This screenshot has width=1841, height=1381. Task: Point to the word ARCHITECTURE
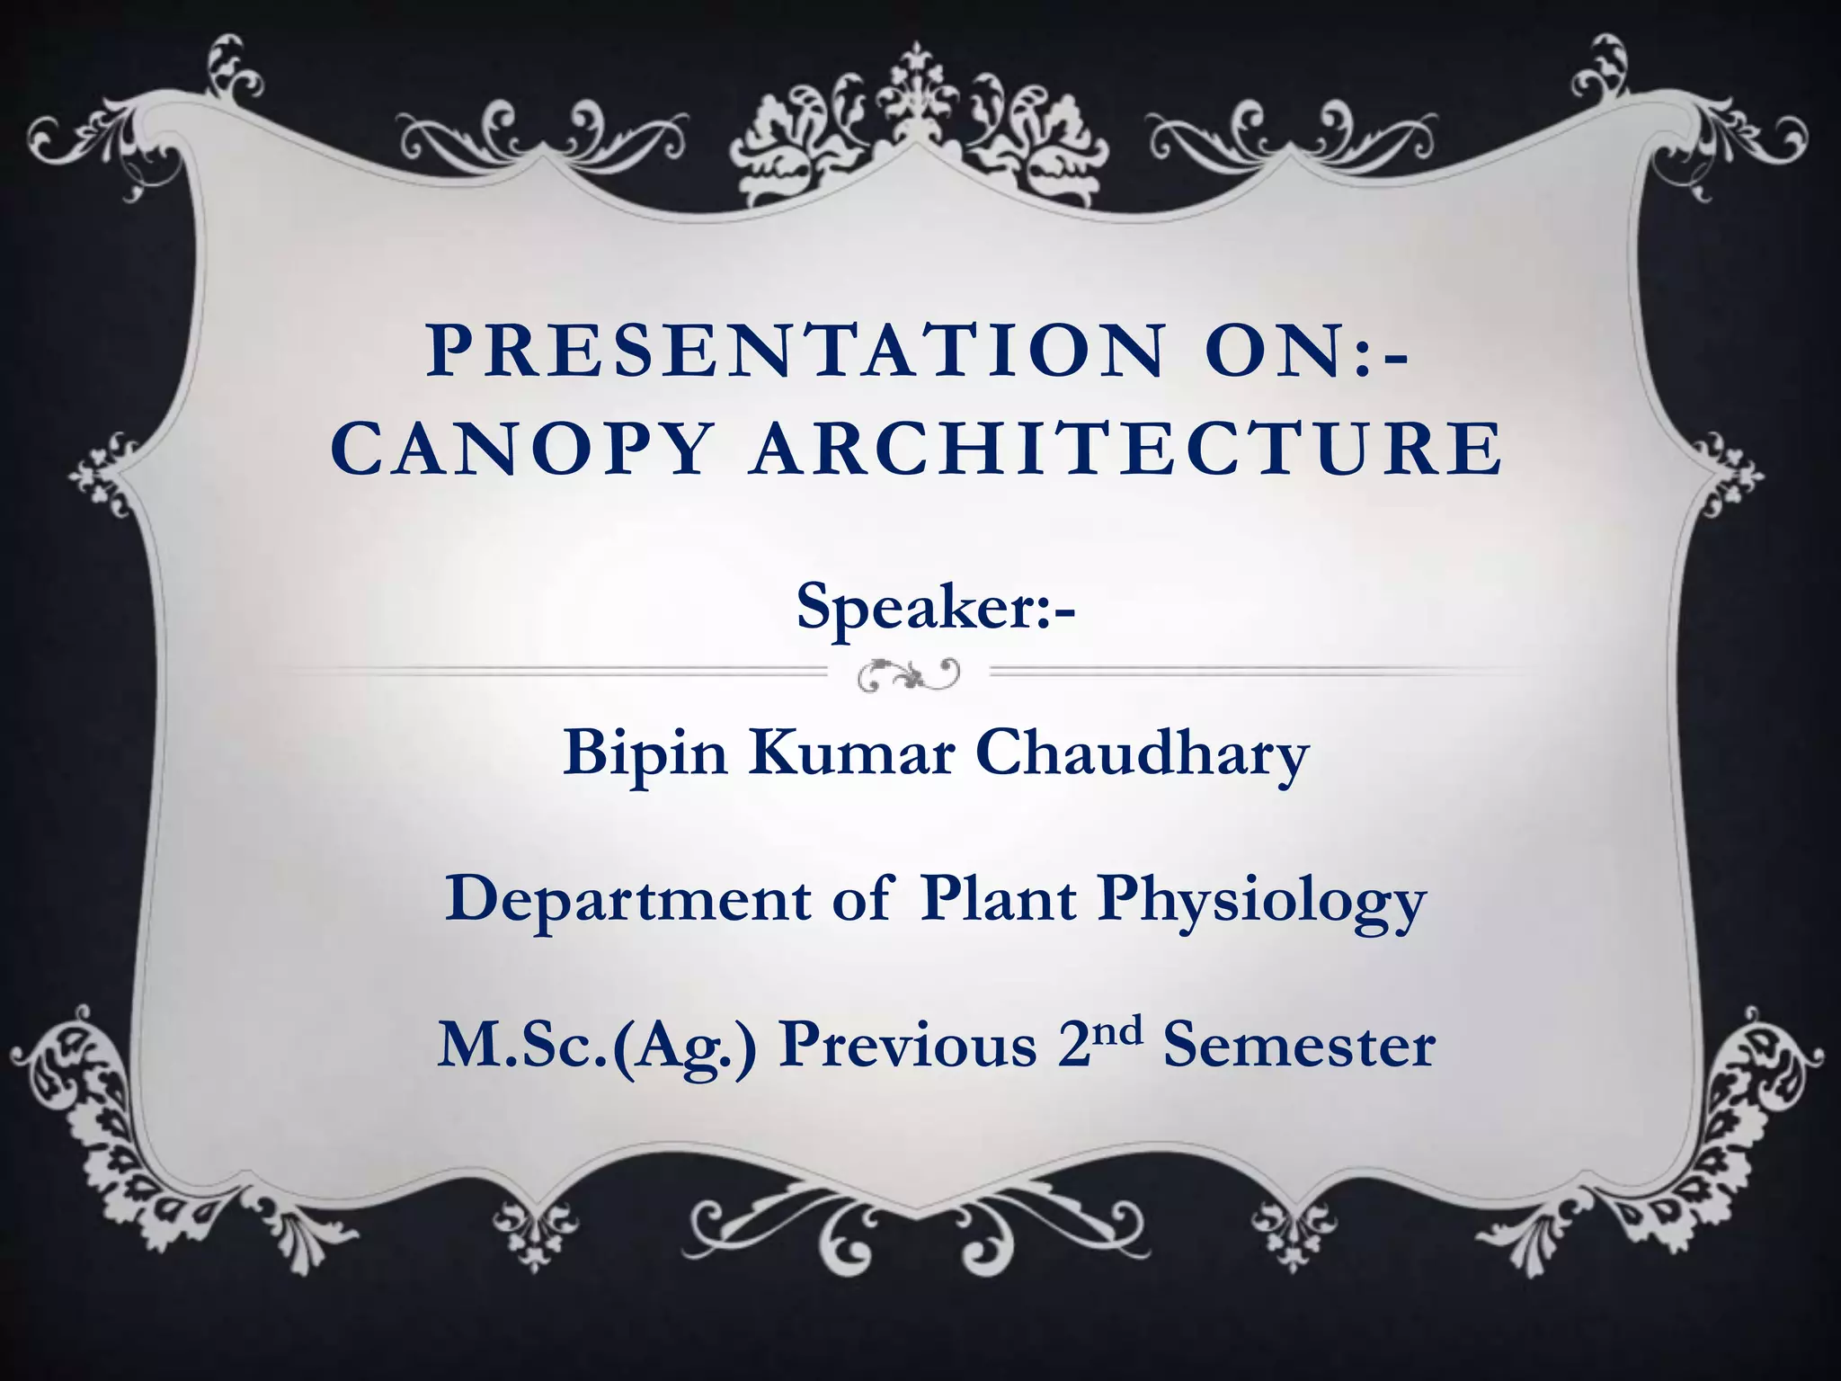[x=1127, y=449]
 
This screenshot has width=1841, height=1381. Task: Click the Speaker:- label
[x=935, y=608]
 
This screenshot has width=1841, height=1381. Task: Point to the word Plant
[x=998, y=899]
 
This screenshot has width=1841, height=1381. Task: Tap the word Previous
[x=908, y=1045]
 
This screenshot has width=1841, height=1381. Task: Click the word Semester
[x=1299, y=1047]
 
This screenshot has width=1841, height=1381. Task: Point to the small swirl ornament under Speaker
[x=909, y=674]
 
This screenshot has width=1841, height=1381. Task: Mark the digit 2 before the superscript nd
[x=1074, y=1047]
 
